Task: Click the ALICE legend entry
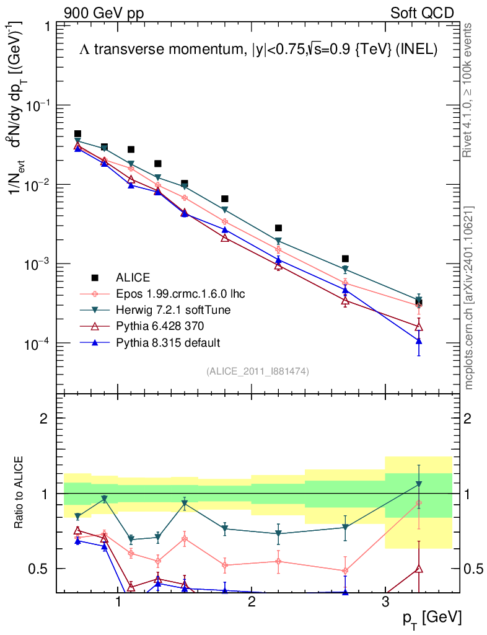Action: click(133, 277)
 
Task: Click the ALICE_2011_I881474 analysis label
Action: click(258, 371)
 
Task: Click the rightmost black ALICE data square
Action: click(419, 302)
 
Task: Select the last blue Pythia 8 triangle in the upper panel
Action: click(419, 341)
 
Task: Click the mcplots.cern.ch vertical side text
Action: click(469, 298)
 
